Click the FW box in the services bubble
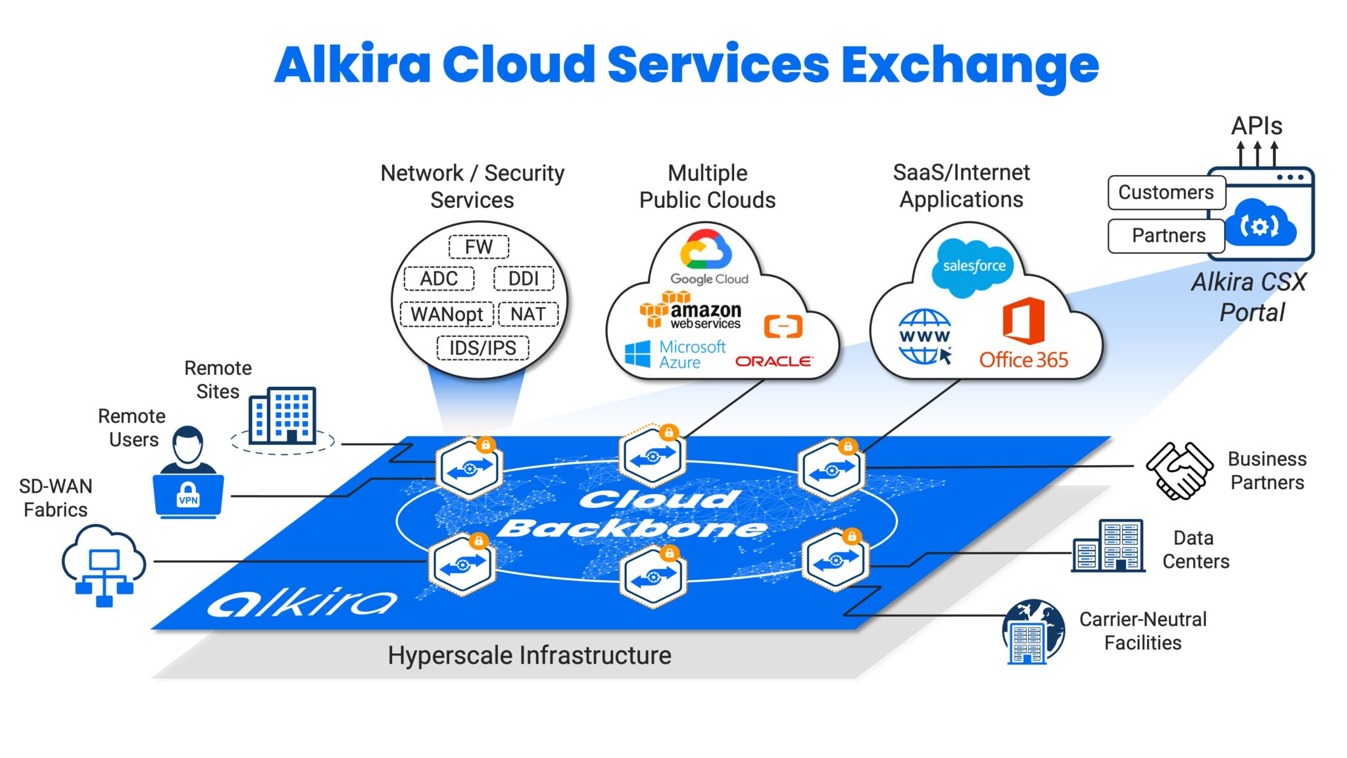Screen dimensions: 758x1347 pos(479,247)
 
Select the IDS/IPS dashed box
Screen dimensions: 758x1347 pos(483,347)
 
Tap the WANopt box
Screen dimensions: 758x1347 pos(447,314)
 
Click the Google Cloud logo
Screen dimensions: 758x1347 pos(706,250)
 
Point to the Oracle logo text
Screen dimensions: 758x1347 pos(773,361)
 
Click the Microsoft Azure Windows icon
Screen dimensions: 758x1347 pos(637,355)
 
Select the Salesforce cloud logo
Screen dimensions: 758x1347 pos(974,266)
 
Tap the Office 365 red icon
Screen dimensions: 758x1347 pos(1023,321)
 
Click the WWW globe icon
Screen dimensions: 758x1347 pos(925,336)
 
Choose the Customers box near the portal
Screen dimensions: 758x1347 pos(1166,192)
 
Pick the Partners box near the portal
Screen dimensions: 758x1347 pos(1167,236)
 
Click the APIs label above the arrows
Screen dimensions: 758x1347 pos(1256,126)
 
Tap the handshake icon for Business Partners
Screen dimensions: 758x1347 pos(1179,470)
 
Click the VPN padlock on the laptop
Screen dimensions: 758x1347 pos(188,495)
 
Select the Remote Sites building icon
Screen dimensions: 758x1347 pos(283,415)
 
